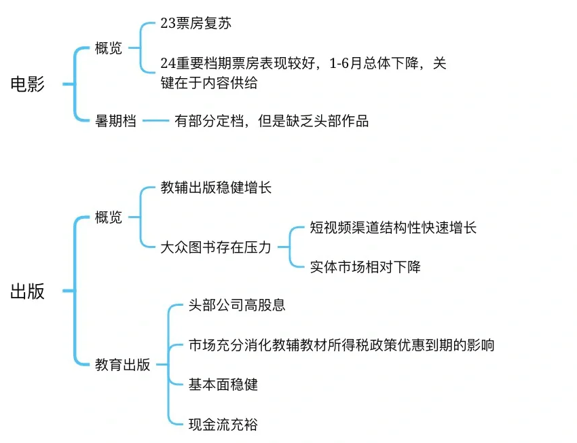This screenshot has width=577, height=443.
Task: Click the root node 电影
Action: point(28,84)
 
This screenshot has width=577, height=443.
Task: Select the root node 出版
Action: point(28,291)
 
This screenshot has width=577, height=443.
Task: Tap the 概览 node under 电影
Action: point(109,49)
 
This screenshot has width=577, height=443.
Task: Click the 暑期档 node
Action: point(115,121)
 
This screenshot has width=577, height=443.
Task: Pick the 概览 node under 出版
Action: point(109,217)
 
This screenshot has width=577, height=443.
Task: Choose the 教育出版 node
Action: point(122,365)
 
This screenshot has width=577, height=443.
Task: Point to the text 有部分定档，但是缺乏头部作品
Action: point(271,121)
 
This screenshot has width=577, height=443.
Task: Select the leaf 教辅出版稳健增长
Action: point(216,188)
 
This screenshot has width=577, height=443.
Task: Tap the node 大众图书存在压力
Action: point(216,247)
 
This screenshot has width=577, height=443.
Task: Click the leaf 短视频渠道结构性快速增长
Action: point(393,227)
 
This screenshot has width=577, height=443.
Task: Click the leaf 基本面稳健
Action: point(223,385)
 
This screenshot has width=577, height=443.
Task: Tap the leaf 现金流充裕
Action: point(223,425)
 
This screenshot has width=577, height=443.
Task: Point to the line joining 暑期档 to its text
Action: point(155,121)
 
